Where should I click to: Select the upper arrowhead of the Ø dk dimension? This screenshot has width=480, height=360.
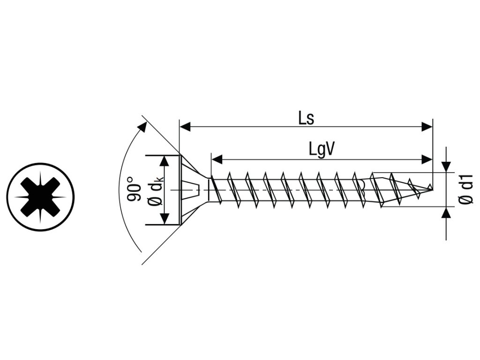(x=164, y=161)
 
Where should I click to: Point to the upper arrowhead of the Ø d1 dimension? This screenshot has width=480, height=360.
(x=446, y=167)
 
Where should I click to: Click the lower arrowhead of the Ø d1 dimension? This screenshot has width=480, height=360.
(x=446, y=212)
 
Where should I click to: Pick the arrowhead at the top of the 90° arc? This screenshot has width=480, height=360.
(x=142, y=127)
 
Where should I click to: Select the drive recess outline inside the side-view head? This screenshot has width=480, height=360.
(x=191, y=189)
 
